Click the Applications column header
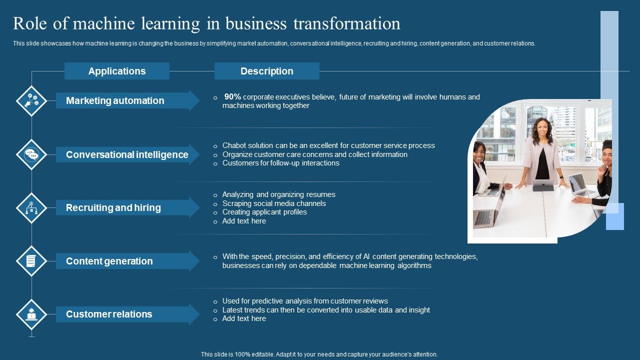tap(117, 71)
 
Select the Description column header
tap(266, 71)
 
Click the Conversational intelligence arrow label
tap(127, 154)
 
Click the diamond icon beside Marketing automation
tap(31, 101)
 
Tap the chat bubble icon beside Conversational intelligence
tap(31, 154)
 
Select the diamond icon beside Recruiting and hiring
tap(31, 207)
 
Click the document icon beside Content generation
tap(31, 261)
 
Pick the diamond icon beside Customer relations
tap(31, 314)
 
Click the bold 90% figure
tap(232, 96)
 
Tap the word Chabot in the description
tap(235, 145)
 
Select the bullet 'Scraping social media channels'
tap(274, 203)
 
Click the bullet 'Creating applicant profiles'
tap(264, 212)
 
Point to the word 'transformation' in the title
tap(346, 23)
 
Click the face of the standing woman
tap(542, 129)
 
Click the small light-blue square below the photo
tap(615, 216)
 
